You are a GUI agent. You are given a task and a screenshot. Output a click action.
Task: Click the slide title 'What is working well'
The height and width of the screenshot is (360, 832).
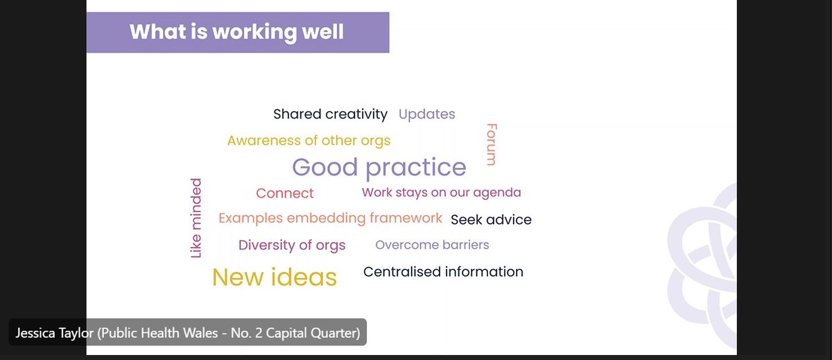(236, 32)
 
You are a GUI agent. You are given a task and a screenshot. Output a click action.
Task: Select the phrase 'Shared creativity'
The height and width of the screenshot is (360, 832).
(330, 114)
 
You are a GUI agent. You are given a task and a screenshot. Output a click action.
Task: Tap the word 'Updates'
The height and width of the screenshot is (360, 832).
(426, 114)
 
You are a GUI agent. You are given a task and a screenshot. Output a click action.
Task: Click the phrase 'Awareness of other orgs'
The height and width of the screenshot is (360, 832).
(309, 141)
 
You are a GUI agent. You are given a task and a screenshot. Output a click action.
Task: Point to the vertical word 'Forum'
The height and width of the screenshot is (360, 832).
(491, 144)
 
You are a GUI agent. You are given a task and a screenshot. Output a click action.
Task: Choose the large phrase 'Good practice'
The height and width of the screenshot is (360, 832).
(379, 167)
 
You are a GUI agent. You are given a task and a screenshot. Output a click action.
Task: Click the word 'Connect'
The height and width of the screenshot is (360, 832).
(284, 194)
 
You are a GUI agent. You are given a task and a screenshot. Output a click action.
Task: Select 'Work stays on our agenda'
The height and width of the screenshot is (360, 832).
(441, 192)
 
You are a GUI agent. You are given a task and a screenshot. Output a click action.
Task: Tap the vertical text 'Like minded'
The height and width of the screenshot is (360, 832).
(196, 218)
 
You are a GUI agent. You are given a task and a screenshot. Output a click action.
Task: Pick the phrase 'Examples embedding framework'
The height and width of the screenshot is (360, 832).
(330, 218)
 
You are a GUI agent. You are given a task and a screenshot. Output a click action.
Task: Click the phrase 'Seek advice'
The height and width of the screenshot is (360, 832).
(491, 220)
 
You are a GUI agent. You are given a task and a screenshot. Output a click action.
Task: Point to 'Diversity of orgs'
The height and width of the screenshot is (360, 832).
(291, 245)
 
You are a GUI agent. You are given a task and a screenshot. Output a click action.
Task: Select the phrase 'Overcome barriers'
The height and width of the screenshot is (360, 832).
(432, 245)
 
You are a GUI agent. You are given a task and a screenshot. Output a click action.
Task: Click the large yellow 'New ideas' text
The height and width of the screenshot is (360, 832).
(274, 277)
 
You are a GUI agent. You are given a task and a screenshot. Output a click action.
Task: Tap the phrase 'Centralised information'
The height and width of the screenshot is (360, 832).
(443, 272)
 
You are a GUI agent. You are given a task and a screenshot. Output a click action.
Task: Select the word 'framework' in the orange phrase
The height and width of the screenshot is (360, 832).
(406, 218)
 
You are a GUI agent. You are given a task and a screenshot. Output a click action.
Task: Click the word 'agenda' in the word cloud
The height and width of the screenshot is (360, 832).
(497, 192)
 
